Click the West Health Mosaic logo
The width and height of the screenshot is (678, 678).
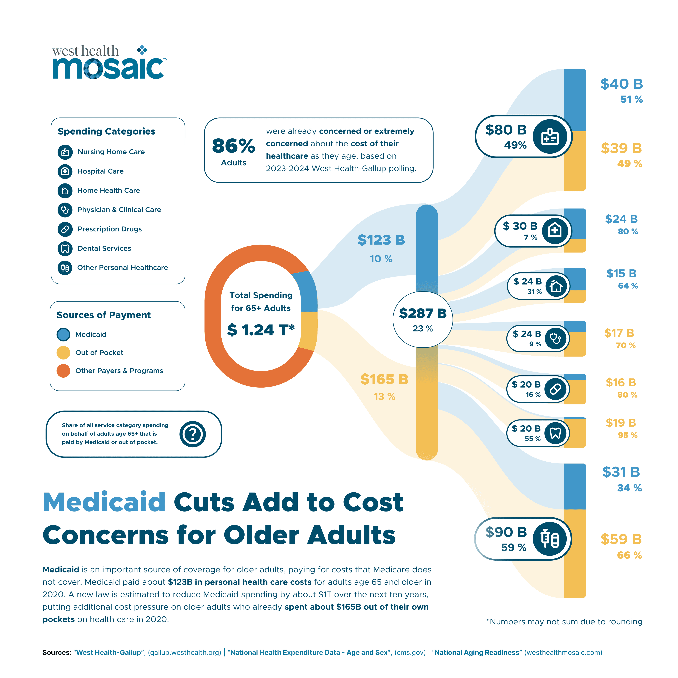point(109,63)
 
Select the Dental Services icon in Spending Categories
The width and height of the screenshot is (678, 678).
point(65,248)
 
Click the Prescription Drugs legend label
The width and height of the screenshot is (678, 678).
point(109,229)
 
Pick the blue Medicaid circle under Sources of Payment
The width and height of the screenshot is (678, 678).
point(64,334)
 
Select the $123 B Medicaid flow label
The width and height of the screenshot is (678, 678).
point(381,240)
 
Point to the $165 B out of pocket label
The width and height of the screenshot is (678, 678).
point(384,379)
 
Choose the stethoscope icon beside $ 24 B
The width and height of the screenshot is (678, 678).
point(555,339)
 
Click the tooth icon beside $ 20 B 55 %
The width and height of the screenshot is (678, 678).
point(555,433)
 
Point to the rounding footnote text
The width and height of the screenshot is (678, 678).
point(564,621)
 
